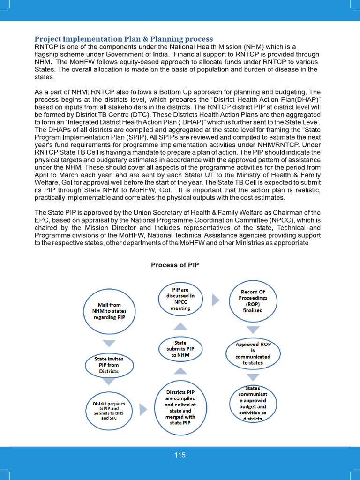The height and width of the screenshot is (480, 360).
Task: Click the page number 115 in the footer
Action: [180, 455]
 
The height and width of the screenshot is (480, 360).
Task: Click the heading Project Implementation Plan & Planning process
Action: [124, 39]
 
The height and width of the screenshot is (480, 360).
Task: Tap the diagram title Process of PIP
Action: [175, 265]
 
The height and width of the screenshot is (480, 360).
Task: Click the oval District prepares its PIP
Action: [109, 410]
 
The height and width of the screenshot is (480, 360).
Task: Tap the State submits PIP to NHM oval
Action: [180, 349]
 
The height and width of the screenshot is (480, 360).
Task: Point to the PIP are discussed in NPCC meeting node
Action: [180, 299]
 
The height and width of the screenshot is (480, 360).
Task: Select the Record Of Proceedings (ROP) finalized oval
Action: [253, 301]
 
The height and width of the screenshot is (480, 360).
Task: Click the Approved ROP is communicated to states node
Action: [253, 353]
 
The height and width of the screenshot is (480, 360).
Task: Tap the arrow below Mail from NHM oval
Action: [109, 344]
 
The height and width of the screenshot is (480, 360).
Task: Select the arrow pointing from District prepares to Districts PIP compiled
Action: [144, 410]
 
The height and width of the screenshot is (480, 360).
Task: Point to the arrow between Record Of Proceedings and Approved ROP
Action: [253, 330]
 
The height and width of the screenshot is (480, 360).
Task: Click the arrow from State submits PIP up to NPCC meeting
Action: [180, 326]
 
